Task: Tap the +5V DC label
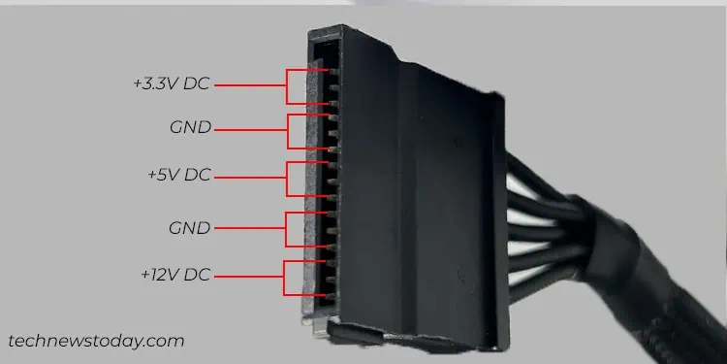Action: click(x=178, y=177)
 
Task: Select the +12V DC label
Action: click(x=174, y=276)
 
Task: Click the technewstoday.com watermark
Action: click(x=95, y=341)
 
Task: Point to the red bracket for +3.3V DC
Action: click(x=288, y=85)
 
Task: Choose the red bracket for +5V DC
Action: click(x=288, y=178)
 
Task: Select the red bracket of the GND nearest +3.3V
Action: click(x=288, y=129)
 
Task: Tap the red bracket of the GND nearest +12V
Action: click(x=286, y=229)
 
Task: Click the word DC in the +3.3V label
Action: click(x=197, y=84)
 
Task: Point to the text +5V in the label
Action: click(x=164, y=177)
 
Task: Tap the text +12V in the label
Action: click(x=159, y=276)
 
